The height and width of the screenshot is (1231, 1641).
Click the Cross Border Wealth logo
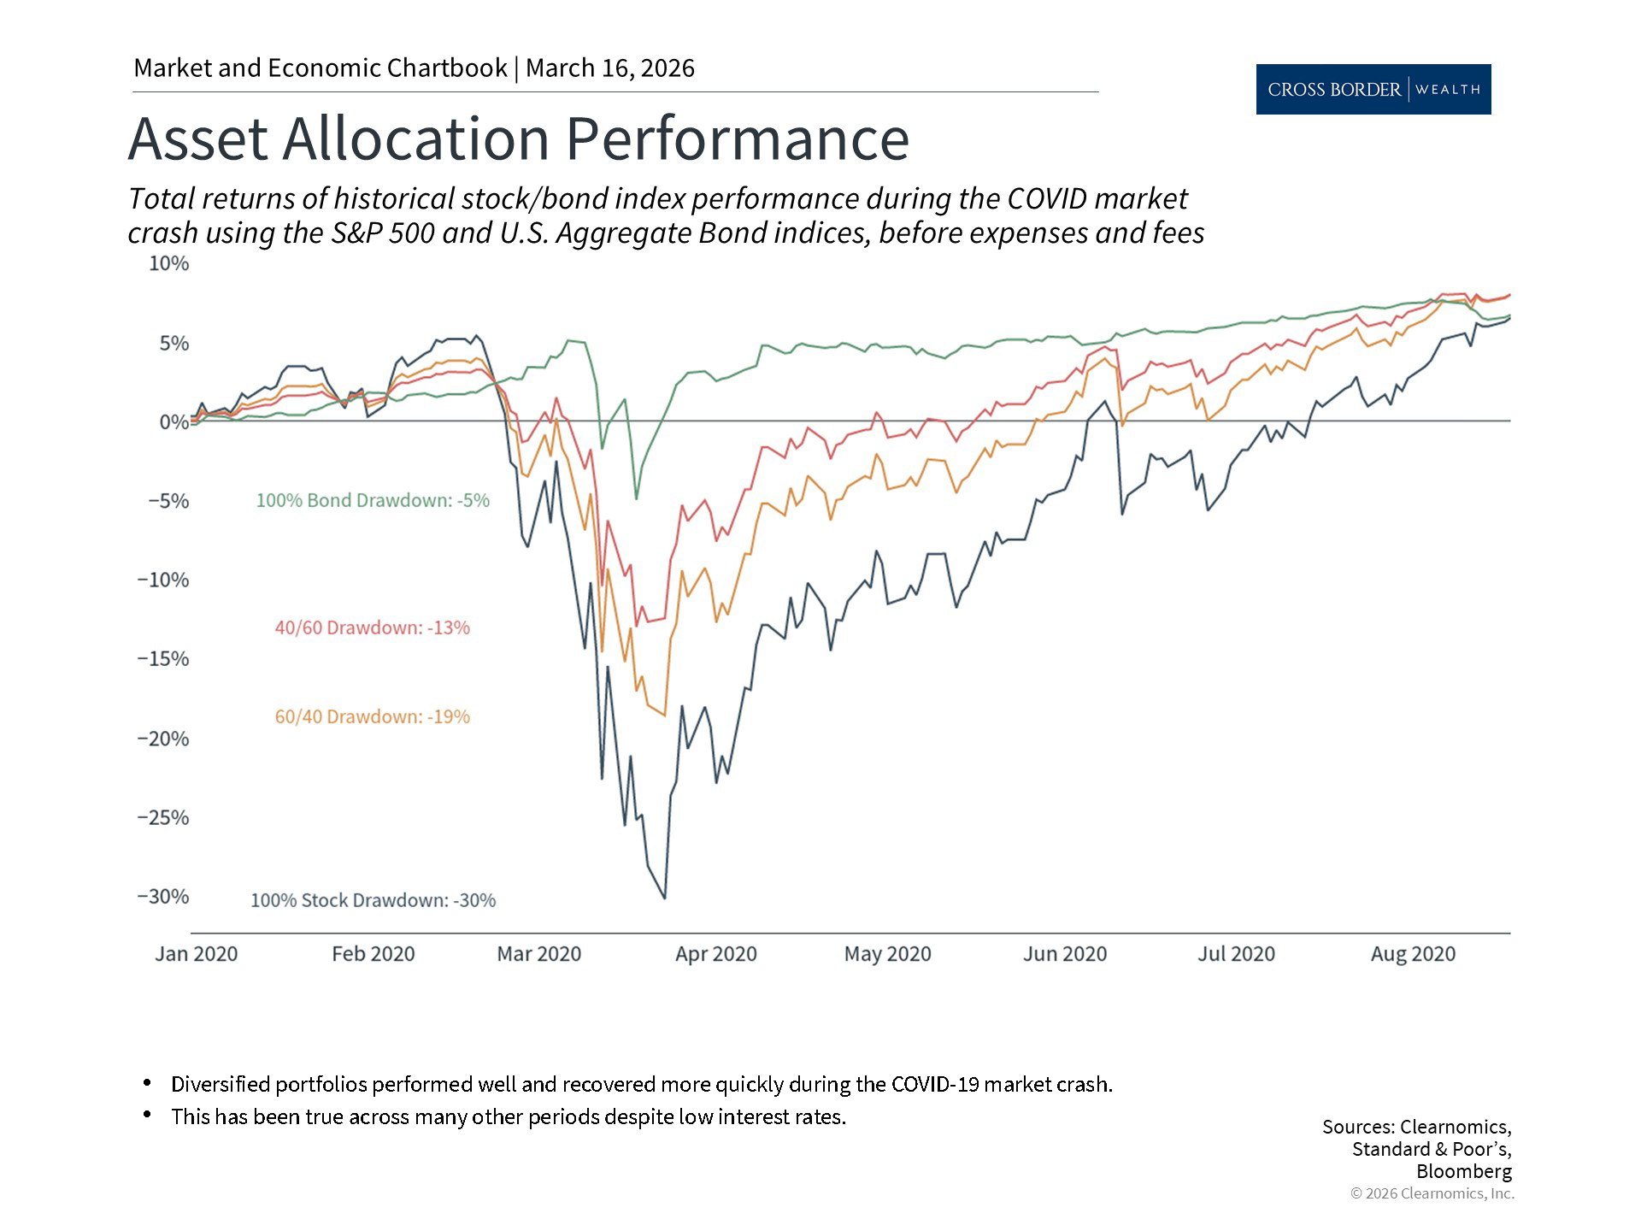click(x=1373, y=89)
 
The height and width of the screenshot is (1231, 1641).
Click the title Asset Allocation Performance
click(x=518, y=138)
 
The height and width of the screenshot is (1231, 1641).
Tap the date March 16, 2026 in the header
click(x=609, y=68)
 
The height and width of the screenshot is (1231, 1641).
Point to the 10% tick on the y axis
click(x=168, y=263)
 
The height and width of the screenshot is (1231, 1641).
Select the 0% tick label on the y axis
click(x=174, y=422)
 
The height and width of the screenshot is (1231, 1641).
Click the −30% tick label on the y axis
click(x=162, y=897)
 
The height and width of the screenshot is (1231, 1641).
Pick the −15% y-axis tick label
click(x=162, y=659)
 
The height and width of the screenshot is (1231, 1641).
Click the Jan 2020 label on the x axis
click(x=196, y=954)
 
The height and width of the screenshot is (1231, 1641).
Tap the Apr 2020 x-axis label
click(x=715, y=954)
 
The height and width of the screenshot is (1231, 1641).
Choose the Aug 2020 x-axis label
click(x=1412, y=954)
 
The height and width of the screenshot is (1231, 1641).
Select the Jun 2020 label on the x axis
click(x=1064, y=954)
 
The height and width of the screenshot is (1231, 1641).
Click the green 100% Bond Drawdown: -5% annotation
click(x=373, y=501)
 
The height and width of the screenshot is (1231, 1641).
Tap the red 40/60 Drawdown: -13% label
click(x=372, y=628)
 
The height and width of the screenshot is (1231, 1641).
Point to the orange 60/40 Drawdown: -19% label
click(x=372, y=717)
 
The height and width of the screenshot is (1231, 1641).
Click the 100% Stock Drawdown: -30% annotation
click(x=373, y=901)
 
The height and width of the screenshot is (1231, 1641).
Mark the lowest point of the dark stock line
click(x=665, y=898)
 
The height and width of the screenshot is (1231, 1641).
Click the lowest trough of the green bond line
click(x=636, y=498)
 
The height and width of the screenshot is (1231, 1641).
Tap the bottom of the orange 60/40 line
click(x=664, y=716)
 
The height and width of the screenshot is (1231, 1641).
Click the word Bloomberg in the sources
click(x=1463, y=1171)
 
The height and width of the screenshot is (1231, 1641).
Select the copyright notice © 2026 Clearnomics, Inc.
click(x=1432, y=1194)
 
